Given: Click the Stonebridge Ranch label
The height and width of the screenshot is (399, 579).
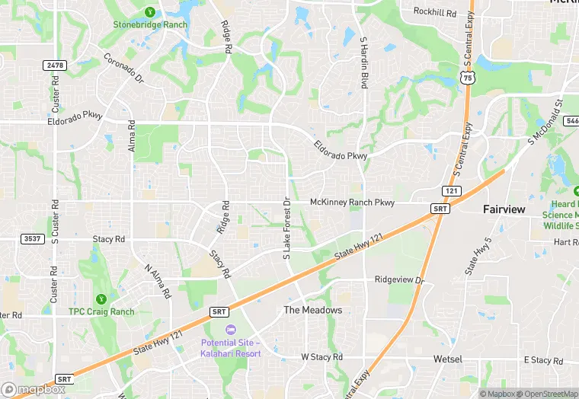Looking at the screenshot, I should click(150, 24).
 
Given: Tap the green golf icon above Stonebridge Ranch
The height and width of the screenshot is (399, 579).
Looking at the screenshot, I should click(150, 11).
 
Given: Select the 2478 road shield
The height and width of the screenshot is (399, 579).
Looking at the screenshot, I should click(54, 66).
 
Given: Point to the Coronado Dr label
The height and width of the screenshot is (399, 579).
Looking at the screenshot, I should click(124, 67).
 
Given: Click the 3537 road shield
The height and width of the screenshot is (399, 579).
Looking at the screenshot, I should click(32, 238).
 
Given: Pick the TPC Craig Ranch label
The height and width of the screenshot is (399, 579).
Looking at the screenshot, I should click(101, 311).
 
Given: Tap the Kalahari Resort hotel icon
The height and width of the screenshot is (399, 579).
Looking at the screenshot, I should click(231, 328).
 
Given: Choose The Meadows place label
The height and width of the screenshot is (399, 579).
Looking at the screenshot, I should click(312, 311).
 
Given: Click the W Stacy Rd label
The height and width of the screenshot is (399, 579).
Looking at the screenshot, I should click(321, 356).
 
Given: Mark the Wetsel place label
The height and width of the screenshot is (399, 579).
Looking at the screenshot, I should click(448, 358).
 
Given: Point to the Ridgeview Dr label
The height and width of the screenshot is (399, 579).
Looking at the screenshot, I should click(398, 279).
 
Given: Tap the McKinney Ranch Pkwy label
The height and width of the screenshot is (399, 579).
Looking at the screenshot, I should click(352, 203).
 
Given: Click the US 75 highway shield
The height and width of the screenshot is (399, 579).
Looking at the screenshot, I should click(468, 78).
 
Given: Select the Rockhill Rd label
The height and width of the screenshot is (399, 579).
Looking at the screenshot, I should click(434, 12).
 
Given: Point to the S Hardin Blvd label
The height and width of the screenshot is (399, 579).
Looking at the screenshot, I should click(364, 63).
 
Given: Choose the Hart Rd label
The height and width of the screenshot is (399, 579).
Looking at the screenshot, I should click(566, 242).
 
